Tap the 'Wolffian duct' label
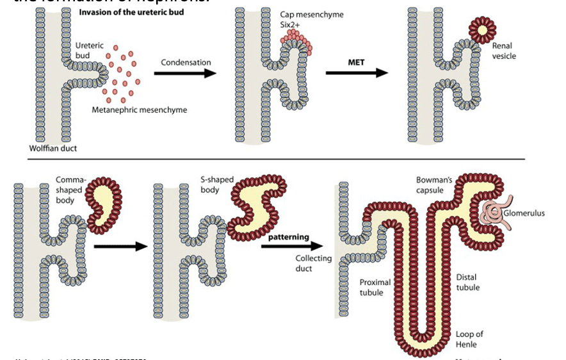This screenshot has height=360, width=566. click(52, 148)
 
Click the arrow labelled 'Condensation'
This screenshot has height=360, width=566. click(184, 73)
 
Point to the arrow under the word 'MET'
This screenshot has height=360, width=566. click(356, 73)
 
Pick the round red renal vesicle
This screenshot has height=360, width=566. click(483, 29)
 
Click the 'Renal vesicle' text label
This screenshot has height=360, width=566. click(504, 51)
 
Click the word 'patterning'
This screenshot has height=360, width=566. click(289, 237)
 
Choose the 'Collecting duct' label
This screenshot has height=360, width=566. click(313, 263)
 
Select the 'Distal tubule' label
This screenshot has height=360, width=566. click(467, 282)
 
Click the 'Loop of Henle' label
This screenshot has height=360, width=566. click(469, 339)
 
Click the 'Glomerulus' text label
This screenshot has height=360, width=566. click(524, 213)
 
